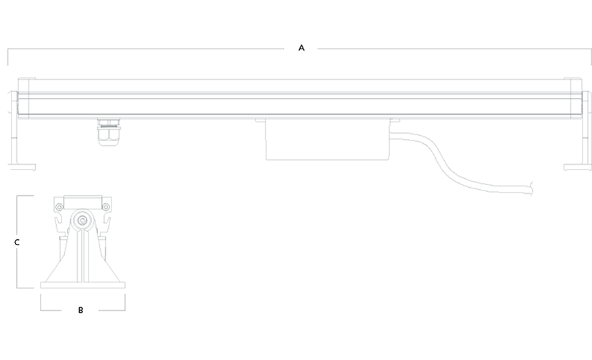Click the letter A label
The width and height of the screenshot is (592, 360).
click(x=301, y=48)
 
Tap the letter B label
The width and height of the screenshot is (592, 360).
click(x=80, y=310)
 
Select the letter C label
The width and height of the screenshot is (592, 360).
click(x=17, y=242)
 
